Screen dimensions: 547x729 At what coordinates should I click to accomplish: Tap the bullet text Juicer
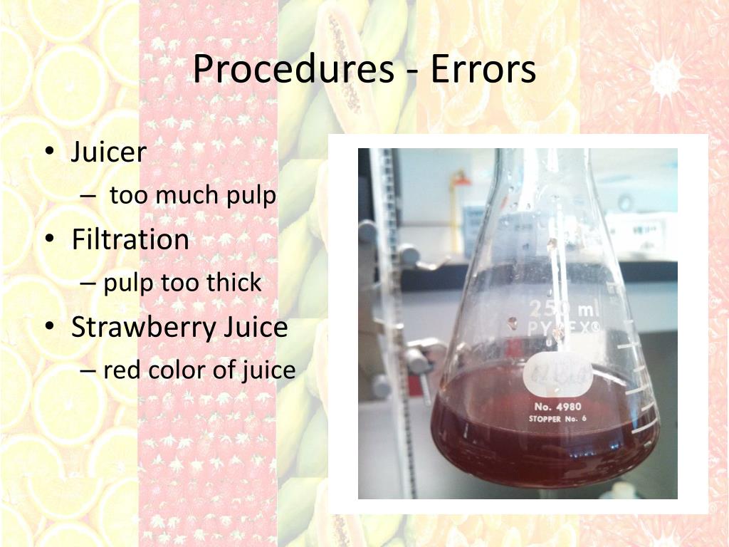109,152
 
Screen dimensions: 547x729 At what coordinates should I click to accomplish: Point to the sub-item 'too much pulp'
192,196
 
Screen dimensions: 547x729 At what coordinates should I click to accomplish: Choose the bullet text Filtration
130,239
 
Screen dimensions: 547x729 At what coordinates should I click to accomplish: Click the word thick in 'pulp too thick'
234,283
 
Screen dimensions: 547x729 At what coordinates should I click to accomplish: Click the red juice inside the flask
541,449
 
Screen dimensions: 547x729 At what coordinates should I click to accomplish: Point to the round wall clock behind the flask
625,203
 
